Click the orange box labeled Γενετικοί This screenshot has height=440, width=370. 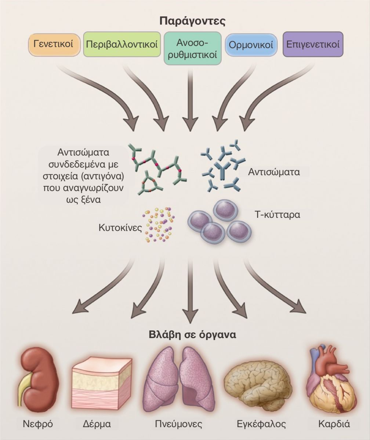coord(54,45)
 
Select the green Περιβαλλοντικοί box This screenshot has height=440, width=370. coord(122,44)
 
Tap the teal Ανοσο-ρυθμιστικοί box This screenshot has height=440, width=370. coord(193,48)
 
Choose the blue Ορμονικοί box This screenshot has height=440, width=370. coord(251,45)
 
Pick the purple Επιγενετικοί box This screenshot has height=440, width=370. coord(313,44)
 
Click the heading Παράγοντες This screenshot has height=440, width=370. coord(192,21)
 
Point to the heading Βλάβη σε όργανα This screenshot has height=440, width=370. coord(192,335)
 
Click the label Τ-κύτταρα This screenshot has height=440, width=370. coord(277,215)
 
